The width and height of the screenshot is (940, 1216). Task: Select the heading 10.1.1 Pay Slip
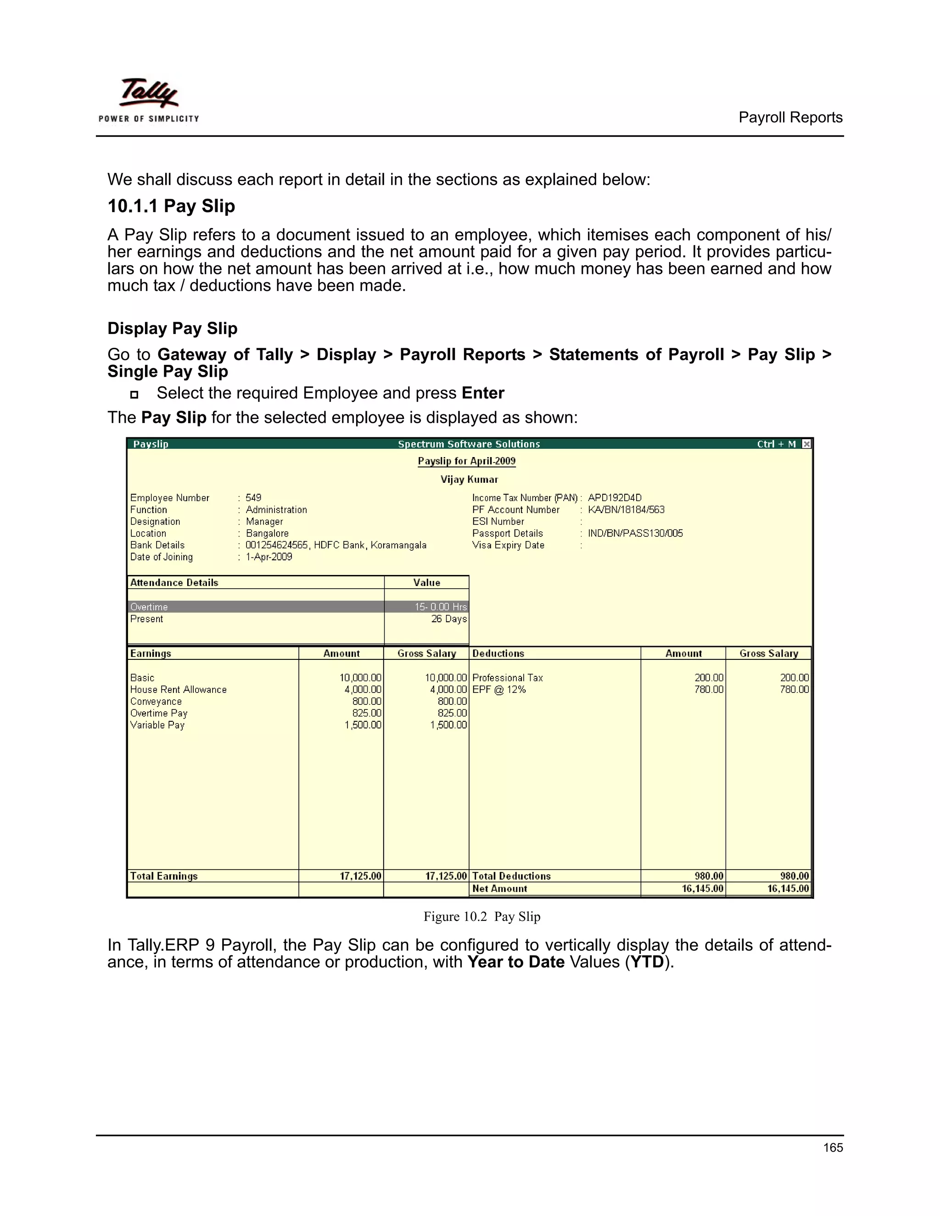pos(171,206)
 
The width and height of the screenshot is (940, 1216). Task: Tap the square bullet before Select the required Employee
pos(134,394)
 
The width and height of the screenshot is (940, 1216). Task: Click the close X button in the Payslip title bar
pos(806,444)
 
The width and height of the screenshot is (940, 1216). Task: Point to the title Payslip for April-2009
pos(467,461)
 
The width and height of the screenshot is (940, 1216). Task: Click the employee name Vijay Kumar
pos(469,480)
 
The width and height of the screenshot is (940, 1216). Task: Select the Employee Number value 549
pos(253,498)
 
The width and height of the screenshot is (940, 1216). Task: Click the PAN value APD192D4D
pos(614,498)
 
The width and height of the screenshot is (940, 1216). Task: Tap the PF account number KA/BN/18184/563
pos(626,509)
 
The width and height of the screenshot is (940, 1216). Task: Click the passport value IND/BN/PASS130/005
pos(635,533)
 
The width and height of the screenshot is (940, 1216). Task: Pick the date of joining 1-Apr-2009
pos(269,557)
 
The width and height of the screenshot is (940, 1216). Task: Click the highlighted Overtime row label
pos(149,607)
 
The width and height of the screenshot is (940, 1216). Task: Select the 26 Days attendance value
pos(448,619)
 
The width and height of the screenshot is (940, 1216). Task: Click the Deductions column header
pos(498,653)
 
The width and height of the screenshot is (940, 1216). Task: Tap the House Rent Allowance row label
pos(178,689)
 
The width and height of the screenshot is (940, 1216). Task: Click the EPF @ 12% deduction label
pos(498,689)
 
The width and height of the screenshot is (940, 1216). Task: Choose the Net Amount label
pos(499,889)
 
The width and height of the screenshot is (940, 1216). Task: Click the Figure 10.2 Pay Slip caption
pos(481,916)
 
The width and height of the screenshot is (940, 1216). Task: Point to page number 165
pos(833,1148)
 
